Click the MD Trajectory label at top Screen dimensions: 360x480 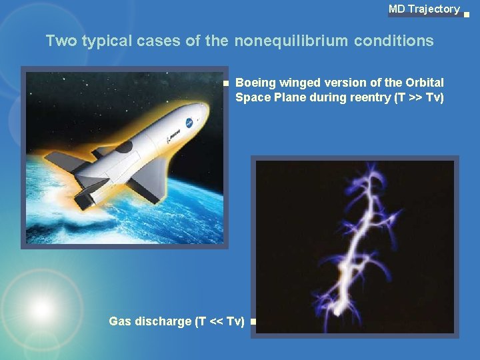(424, 9)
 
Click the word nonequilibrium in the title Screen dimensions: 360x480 (291, 41)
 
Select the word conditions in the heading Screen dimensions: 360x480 (393, 41)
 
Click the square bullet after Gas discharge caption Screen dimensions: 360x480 (253, 322)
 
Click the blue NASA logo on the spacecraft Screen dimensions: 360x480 (189, 123)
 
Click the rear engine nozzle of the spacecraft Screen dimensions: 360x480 (83, 198)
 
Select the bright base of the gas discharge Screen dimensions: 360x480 (341, 308)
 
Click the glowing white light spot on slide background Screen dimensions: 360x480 (41, 308)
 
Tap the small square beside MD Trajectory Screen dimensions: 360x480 (466, 13)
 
